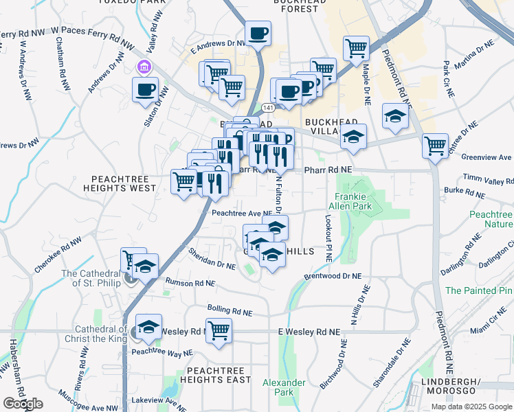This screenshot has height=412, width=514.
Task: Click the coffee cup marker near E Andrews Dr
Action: [258, 34]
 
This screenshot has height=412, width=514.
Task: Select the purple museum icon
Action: [144, 67]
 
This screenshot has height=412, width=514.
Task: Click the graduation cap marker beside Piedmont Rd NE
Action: [395, 117]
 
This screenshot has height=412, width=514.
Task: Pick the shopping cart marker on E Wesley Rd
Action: [219, 331]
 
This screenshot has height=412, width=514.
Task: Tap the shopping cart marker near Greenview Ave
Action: [435, 146]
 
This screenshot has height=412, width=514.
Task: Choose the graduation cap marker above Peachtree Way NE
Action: [148, 328]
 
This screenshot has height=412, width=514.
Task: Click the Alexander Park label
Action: [284, 387]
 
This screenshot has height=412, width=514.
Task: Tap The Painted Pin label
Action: [479, 290]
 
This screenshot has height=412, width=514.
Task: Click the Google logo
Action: [23, 404]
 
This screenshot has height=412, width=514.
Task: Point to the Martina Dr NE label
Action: [479, 54]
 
